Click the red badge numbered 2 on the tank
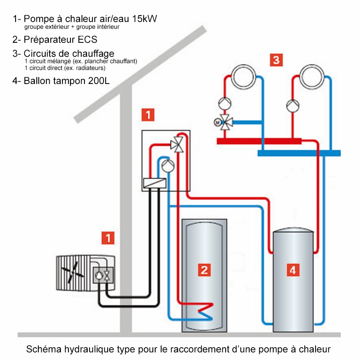pos(204,270)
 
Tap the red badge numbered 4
pos(293,270)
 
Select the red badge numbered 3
pos(276,60)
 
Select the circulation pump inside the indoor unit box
pos(167,164)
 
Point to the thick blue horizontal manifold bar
pos(299,153)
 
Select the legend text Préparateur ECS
pos(60,40)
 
